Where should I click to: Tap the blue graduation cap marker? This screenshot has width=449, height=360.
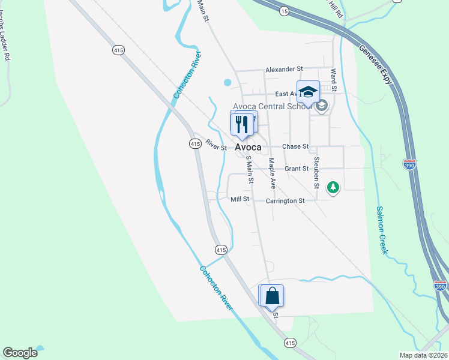click(308, 92)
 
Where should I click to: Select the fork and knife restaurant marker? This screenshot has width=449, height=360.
click(241, 124)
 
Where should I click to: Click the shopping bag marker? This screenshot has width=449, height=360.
click(271, 296)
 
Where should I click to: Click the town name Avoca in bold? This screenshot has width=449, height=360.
click(248, 147)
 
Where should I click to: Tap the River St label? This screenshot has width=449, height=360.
click(216, 145)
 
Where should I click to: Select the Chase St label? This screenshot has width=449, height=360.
click(295, 146)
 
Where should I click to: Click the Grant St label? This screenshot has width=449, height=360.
click(297, 169)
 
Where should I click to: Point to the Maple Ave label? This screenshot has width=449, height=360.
click(272, 173)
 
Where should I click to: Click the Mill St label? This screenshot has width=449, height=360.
click(240, 199)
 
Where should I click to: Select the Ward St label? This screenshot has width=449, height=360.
click(333, 79)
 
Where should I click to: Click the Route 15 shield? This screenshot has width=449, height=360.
click(284, 11)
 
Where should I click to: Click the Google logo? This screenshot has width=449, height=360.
click(20, 353)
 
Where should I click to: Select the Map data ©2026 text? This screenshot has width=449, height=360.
click(423, 355)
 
